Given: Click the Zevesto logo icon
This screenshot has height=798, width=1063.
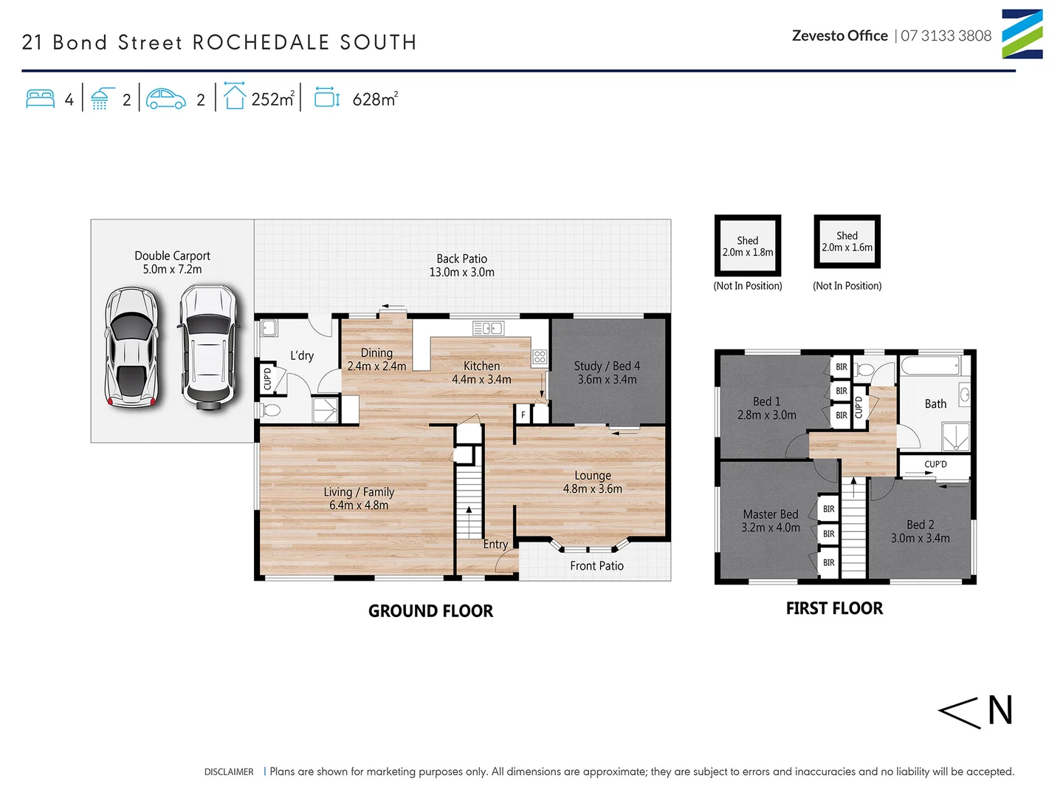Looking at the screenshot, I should [x=1022, y=34].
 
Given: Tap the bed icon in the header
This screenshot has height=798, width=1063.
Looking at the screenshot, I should [x=40, y=99].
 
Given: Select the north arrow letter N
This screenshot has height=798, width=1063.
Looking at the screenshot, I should [x=1000, y=711].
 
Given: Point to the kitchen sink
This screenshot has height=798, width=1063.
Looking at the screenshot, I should [x=488, y=328].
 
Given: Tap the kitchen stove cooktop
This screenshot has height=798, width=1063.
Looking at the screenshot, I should [x=540, y=358].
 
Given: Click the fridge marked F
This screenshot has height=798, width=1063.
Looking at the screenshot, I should [x=523, y=415].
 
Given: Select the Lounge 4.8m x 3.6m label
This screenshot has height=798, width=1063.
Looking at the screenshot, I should [x=592, y=482].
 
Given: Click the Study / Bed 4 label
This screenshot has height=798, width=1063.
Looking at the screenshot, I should [x=607, y=372].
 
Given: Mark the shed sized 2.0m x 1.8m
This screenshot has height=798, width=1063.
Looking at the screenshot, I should [x=747, y=246].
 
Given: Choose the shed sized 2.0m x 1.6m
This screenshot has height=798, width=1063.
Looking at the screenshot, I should [x=847, y=242].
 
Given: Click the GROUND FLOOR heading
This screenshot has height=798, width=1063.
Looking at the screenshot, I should [x=430, y=611].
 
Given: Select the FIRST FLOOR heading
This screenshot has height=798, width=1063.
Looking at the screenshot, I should [x=834, y=608].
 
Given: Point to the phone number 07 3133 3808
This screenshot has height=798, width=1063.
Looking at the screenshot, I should [x=946, y=35].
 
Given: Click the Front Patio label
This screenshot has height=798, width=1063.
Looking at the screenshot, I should [x=596, y=566].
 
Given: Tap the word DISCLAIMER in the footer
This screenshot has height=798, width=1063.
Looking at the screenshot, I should [x=229, y=771].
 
